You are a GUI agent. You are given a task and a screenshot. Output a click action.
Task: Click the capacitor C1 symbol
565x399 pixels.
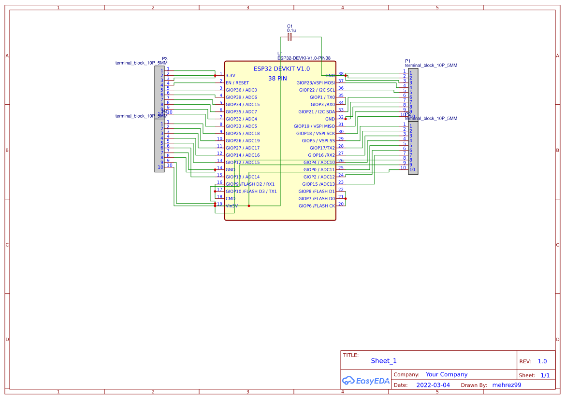click(x=290, y=37)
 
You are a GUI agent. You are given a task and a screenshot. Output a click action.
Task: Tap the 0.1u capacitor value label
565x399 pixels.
click(x=291, y=30)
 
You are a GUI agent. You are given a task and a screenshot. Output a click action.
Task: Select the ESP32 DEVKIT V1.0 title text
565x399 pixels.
click(x=282, y=69)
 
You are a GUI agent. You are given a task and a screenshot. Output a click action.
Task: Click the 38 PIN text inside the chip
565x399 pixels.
click(x=277, y=78)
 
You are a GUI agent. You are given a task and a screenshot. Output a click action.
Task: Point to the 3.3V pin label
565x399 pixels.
click(x=231, y=76)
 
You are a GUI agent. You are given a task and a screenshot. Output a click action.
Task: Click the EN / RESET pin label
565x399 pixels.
click(x=237, y=83)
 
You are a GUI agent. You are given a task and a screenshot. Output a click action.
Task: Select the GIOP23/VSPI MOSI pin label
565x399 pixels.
click(x=316, y=83)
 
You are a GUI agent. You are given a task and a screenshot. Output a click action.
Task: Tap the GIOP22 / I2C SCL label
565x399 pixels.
click(x=317, y=90)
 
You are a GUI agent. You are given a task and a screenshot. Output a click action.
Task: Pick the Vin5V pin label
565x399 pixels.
click(x=232, y=206)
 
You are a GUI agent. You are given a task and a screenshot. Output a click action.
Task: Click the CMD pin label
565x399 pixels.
click(x=231, y=199)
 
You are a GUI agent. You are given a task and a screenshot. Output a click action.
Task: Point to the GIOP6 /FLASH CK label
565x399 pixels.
click(x=317, y=206)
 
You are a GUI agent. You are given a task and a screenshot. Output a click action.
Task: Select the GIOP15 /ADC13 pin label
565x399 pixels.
click(x=319, y=184)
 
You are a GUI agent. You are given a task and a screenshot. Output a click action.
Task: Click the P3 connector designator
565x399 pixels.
click(x=165, y=58)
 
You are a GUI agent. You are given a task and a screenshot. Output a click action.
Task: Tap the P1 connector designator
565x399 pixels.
click(x=407, y=61)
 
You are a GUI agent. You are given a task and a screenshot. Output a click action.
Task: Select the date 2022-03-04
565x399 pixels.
click(x=433, y=385)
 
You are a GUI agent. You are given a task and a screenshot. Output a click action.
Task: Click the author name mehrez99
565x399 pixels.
click(x=507, y=385)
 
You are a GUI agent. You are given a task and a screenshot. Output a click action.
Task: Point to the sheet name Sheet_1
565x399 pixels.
click(x=384, y=361)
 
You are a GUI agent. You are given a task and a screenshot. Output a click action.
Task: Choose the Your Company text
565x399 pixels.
click(x=447, y=374)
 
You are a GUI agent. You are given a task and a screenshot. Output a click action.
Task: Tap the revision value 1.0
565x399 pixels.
click(x=542, y=361)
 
